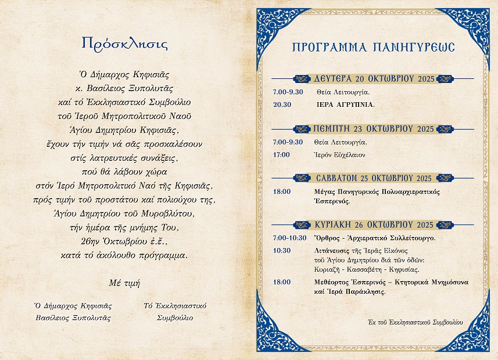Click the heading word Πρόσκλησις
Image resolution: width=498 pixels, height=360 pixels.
coord(124,44)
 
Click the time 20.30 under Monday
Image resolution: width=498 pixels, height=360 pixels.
coord(282,105)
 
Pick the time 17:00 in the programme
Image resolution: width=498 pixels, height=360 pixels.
coord(281,154)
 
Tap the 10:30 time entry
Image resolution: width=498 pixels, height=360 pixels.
coord(281,251)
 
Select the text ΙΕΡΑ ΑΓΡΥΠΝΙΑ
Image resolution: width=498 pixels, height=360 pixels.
coord(346,105)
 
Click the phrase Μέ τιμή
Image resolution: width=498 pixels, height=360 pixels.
coord(124,283)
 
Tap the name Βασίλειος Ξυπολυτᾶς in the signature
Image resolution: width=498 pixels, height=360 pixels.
coord(73,318)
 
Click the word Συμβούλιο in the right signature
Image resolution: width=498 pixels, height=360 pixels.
coord(175,318)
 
